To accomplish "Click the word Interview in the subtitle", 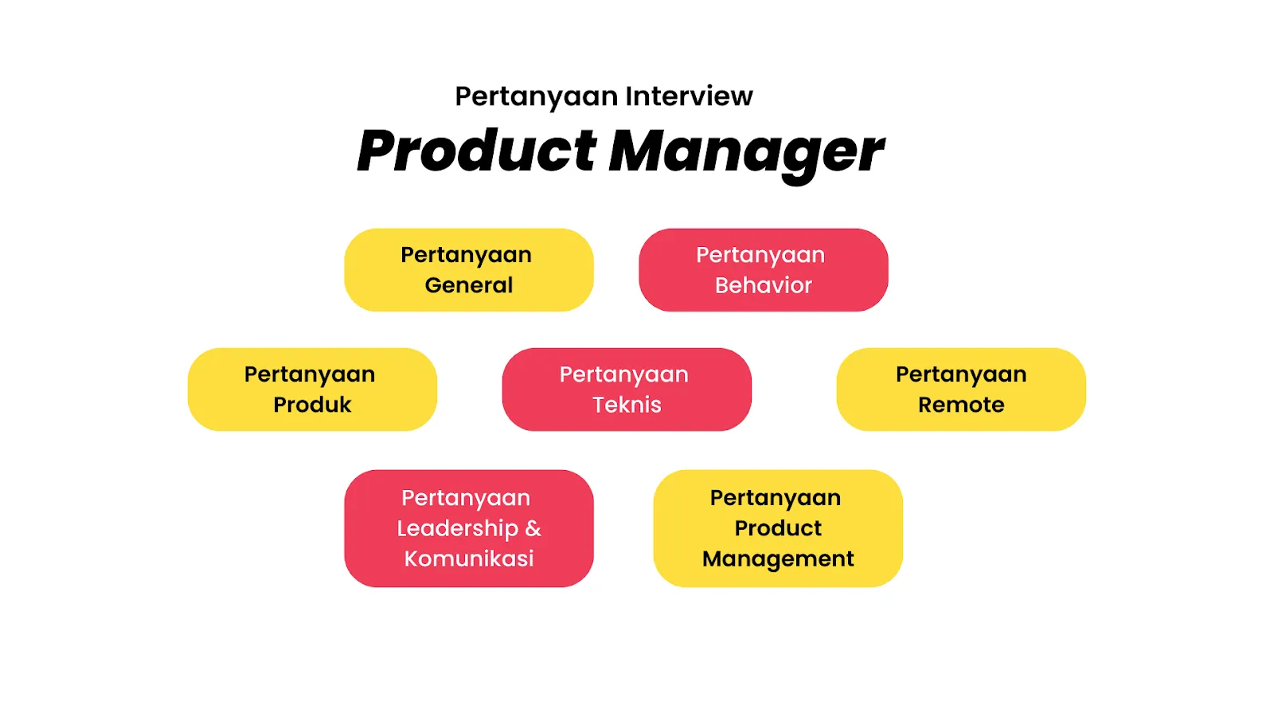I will coord(689,96).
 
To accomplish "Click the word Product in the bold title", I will coord(476,151).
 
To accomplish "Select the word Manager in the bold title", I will coord(746,151).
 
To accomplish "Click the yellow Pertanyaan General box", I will coord(469,269).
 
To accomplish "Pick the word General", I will coord(469,285).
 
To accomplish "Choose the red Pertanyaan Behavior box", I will coord(763,269).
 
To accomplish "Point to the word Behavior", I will coord(763,285).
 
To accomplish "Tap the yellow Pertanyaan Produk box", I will coord(312,389).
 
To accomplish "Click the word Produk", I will coord(312,405).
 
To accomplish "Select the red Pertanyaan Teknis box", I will coord(627,389).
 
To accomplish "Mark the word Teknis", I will coord(627,405).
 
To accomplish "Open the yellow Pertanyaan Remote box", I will coord(961,389).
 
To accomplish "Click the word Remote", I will coord(961,405).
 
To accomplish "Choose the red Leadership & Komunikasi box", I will coord(469,528).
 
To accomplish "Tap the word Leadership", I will coord(457,528).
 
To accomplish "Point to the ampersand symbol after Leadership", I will coord(533,528).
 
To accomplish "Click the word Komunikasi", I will coord(469,558).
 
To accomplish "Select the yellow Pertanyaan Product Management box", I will coord(778,528).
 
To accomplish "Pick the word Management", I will coord(778,559).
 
